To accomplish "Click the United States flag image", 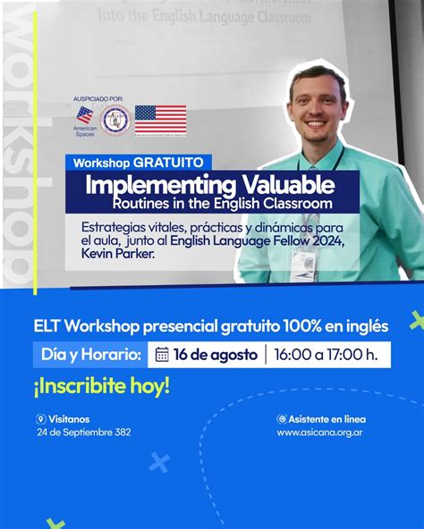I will [x=161, y=119].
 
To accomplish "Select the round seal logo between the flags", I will [x=115, y=119].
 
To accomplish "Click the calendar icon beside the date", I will [x=162, y=355].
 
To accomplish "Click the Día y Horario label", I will [x=91, y=355].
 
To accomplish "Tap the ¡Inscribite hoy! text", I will [x=103, y=388].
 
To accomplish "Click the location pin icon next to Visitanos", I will [x=40, y=419].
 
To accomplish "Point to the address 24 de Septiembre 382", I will [x=83, y=432].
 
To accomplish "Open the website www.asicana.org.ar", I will [x=319, y=432].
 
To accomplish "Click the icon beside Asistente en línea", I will [x=282, y=419].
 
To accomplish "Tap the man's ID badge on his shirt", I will [x=303, y=261].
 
